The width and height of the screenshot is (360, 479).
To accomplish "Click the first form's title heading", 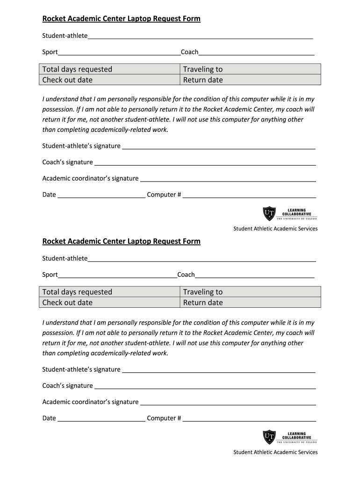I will click(121, 19).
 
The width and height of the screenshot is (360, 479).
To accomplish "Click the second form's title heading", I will click(121, 241).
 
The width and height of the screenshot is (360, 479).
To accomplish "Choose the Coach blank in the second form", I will click(255, 276).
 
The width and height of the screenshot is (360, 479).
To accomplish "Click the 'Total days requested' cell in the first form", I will click(109, 69).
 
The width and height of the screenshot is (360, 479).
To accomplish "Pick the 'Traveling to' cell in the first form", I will click(251, 69).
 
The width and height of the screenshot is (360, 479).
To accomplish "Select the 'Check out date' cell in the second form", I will click(109, 302).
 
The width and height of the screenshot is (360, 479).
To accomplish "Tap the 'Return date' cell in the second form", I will click(251, 302).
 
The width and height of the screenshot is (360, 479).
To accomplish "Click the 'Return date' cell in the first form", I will click(251, 80).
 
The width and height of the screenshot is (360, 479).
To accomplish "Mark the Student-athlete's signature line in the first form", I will click(218, 147).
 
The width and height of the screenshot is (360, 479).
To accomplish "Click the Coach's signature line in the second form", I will click(205, 387).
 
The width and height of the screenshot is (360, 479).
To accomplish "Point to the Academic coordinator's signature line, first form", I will click(228, 180).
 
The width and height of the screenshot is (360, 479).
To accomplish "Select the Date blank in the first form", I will click(101, 196).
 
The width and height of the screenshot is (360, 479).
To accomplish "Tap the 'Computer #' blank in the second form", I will click(249, 420).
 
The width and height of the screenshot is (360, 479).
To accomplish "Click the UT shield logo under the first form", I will click(269, 214).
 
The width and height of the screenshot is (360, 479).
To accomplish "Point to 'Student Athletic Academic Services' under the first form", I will click(275, 229).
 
